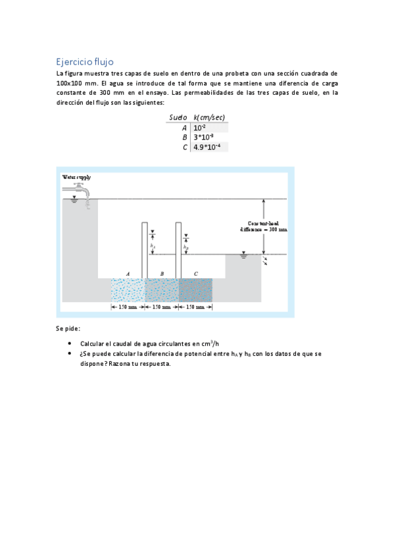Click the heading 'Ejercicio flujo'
85,61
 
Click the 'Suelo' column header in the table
178,116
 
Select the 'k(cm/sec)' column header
210,116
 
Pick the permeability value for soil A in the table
199,127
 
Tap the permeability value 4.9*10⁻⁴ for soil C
207,147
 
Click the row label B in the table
185,137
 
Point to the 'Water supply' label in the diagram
76,177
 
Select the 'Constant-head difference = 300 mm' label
263,226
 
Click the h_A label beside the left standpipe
153,246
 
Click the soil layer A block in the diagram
128,290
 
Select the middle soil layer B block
161,290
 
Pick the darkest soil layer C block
195,290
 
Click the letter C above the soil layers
195,272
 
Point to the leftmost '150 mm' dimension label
128,307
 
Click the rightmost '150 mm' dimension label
195,307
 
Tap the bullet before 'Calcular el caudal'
70,343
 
